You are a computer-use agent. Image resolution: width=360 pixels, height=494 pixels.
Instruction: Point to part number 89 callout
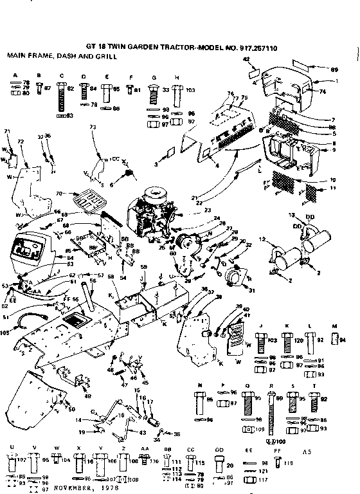coord(332,69)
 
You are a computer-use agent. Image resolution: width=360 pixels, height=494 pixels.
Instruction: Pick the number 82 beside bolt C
coord(71,90)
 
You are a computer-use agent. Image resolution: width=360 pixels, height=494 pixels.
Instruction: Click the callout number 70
coord(60,193)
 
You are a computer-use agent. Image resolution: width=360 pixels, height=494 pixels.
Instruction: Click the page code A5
coord(320,453)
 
